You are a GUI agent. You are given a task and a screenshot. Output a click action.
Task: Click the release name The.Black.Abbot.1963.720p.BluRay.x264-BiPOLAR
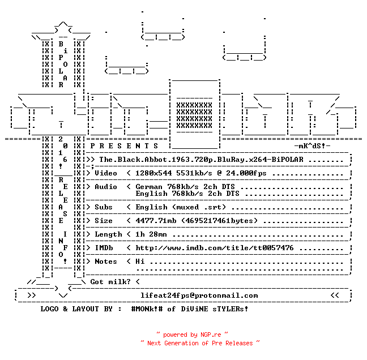[201, 160]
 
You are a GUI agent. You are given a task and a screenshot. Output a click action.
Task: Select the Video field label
[106, 173]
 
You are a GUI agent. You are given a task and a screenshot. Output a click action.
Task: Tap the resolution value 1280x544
[153, 173]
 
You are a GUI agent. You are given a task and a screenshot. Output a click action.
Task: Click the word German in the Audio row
[149, 187]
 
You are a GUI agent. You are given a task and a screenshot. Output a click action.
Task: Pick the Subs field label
[104, 207]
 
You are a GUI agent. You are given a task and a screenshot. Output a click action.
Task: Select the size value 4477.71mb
[156, 221]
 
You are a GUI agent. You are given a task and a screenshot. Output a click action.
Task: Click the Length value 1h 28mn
[151, 234]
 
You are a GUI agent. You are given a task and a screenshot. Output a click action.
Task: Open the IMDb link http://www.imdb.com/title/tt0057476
[215, 248]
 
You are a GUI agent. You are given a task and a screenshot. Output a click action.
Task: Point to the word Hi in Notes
[140, 262]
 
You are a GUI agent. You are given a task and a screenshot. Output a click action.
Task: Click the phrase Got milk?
[110, 282]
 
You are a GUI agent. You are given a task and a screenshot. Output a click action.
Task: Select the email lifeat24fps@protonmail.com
[199, 295]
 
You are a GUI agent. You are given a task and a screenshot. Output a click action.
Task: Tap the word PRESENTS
[124, 146]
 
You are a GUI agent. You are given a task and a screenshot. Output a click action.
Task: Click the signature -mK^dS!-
[312, 146]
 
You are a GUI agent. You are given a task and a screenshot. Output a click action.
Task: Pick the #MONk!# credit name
[147, 308]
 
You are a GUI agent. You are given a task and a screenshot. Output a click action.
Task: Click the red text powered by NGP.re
[192, 335]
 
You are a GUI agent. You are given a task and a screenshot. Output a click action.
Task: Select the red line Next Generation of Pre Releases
[200, 343]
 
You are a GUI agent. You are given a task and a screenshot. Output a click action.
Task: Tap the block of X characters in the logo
[194, 115]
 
